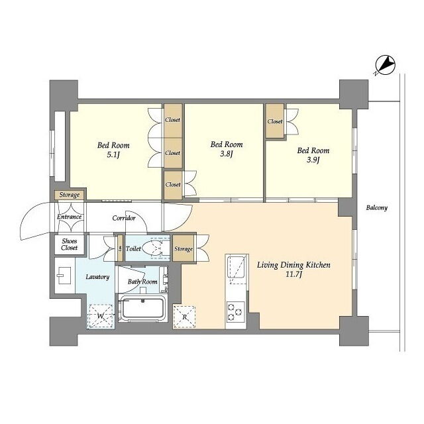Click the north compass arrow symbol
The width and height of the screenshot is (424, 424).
(x=385, y=65)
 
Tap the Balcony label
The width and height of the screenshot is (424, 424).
(x=377, y=207)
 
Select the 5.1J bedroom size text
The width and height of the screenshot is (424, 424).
(x=113, y=156)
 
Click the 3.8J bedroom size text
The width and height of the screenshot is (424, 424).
(x=227, y=154)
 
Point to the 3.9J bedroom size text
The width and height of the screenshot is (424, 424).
(x=313, y=160)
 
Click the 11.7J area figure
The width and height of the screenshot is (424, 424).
(x=293, y=275)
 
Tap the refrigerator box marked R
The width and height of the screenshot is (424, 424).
(x=184, y=317)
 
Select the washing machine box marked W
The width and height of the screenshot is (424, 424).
(x=101, y=316)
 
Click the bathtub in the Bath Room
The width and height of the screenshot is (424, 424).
(x=142, y=308)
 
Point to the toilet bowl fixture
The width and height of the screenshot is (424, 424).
(x=153, y=248)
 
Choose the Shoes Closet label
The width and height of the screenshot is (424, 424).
(x=69, y=244)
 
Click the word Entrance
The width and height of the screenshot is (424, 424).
(x=69, y=217)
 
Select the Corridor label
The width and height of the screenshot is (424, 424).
(x=124, y=218)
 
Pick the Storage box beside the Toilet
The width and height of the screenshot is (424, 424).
(x=184, y=248)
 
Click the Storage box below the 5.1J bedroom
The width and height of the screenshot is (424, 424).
(x=70, y=195)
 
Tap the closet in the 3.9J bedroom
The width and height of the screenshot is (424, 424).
(x=275, y=121)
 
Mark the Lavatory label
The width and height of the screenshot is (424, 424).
(x=97, y=277)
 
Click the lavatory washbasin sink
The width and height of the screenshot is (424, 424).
(x=64, y=276)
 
